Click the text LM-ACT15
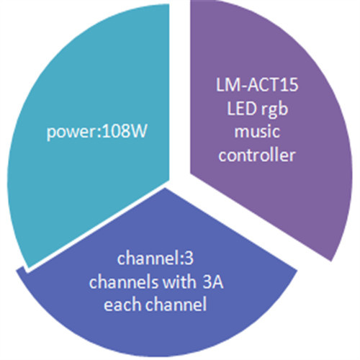click(x=257, y=85)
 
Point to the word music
click(x=257, y=132)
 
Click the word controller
click(x=257, y=155)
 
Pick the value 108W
click(x=125, y=132)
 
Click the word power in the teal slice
click(x=71, y=133)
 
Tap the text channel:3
click(x=156, y=258)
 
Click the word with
click(x=179, y=282)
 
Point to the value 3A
click(x=213, y=282)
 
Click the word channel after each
click(x=176, y=305)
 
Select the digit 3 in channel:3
click(x=189, y=259)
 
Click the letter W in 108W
click(x=139, y=132)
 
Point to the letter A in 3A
click(x=218, y=282)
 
